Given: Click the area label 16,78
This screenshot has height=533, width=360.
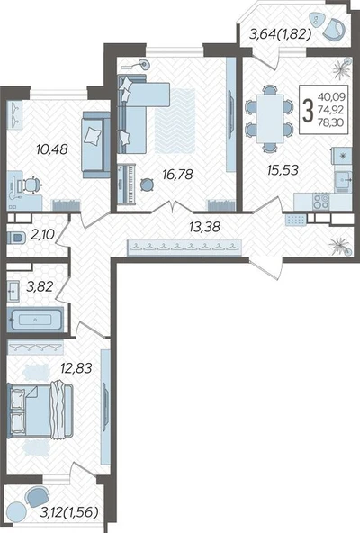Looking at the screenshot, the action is click(x=177, y=175).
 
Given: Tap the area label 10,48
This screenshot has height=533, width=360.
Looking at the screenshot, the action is click(x=52, y=149).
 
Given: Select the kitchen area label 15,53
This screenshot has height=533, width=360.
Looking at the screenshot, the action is click(x=283, y=169).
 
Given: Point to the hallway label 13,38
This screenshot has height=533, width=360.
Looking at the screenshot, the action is click(x=204, y=227).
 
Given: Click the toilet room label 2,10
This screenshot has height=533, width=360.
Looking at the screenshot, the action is click(x=42, y=235).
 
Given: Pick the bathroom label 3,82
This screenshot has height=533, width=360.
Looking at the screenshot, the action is click(x=40, y=287).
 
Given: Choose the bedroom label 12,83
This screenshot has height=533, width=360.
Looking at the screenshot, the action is click(x=76, y=368).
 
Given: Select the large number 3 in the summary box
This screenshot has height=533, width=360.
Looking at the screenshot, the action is click(x=308, y=110).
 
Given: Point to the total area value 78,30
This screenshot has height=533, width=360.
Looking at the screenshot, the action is click(x=331, y=122).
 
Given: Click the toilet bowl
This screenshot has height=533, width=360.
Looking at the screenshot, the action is click(x=17, y=238).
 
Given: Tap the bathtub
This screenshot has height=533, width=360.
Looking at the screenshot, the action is click(x=35, y=320).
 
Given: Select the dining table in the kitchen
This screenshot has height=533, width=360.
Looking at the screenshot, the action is click(x=270, y=118).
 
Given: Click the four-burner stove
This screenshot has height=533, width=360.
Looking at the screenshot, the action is click(x=321, y=202).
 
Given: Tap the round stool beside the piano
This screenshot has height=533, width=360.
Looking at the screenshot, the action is click(x=147, y=185).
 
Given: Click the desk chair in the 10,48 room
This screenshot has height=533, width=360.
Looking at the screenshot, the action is click(x=32, y=185).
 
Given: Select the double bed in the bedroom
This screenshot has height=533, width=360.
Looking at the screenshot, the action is click(x=40, y=410).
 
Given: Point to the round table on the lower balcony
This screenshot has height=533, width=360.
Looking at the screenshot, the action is click(x=16, y=511).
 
